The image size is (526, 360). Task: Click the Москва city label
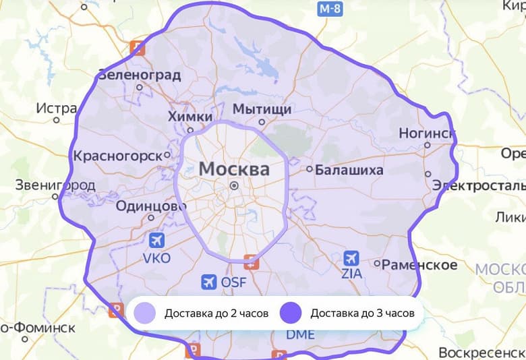234,169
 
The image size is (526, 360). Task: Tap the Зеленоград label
139,75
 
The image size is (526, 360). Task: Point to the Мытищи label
262,109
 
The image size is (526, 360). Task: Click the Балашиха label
349,169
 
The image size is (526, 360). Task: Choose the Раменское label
419,265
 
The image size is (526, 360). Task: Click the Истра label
57,108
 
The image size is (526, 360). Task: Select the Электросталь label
478,185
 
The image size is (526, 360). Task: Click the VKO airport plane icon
157,241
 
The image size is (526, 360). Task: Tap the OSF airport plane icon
209,281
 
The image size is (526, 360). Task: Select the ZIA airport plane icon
351,258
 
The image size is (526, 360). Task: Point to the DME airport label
300,334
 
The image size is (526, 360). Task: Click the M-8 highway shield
330,9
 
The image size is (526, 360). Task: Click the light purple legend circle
144,313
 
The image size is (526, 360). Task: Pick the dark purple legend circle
291,313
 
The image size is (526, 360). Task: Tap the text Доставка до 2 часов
216,313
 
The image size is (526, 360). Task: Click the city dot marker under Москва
234,185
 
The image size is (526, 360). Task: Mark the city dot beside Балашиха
310,169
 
